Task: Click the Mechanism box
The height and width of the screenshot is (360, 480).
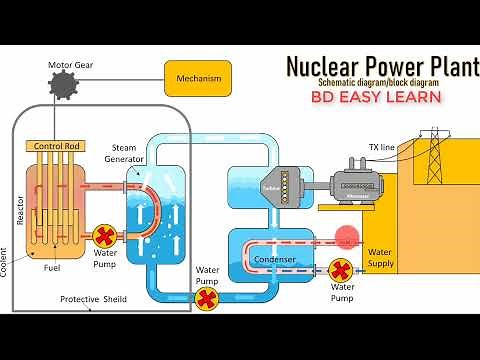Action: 197,78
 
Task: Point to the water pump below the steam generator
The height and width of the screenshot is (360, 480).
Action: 207,298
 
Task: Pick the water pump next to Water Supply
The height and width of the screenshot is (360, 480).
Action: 341,269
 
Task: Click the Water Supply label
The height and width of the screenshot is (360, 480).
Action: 381,258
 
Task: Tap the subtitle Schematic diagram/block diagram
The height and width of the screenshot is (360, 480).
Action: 380,82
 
